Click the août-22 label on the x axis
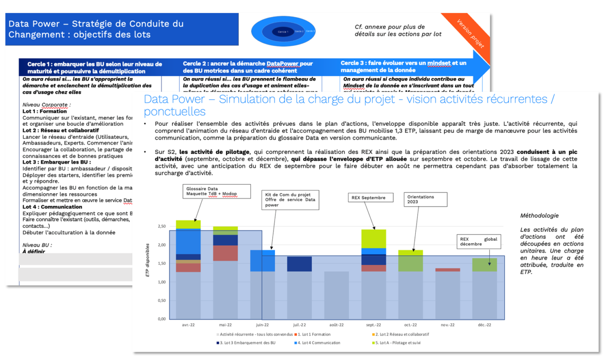click(336, 325)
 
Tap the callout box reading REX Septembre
click(370, 197)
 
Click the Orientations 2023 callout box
click(425, 199)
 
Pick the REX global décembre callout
click(479, 242)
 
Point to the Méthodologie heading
click(539, 216)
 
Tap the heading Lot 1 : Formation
click(45, 111)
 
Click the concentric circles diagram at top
click(283, 31)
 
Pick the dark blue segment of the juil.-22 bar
click(299, 264)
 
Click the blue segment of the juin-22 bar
click(263, 261)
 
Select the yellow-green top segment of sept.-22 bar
click(374, 239)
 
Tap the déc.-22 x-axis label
click(485, 325)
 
